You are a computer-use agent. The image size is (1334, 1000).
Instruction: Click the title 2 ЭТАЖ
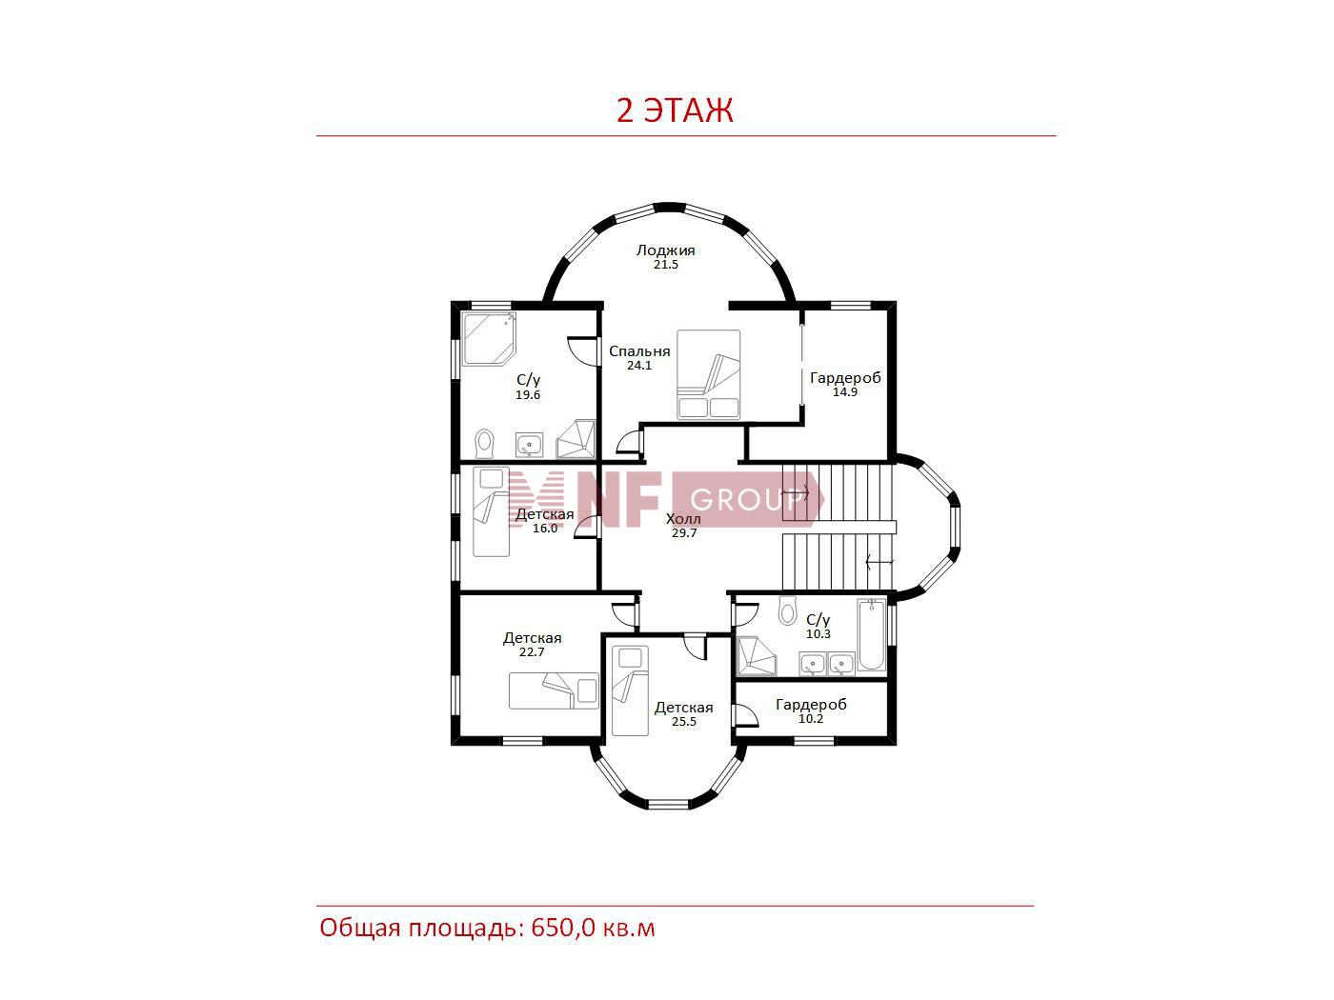(675, 110)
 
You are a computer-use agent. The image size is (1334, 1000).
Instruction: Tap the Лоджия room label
(665, 250)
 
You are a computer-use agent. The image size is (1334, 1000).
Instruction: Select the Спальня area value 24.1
(639, 366)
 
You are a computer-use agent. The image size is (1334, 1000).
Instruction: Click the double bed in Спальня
(709, 374)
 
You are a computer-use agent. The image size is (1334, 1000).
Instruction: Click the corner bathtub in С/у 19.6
(489, 339)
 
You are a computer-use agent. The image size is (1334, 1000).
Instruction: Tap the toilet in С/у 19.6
(484, 444)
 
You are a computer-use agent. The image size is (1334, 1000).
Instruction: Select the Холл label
(683, 519)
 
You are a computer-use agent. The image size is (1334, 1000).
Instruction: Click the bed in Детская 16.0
(491, 511)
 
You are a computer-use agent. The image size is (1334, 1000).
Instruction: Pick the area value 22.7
(532, 652)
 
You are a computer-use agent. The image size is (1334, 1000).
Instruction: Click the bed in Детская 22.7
(554, 690)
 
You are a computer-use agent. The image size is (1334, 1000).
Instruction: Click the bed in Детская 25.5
(630, 690)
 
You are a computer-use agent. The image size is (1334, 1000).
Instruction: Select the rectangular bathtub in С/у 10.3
(872, 635)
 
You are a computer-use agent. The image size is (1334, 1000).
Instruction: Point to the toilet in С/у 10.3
(788, 610)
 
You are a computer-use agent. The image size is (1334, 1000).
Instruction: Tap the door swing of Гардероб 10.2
(746, 714)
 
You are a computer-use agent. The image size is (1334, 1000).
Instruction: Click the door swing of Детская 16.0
(586, 527)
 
